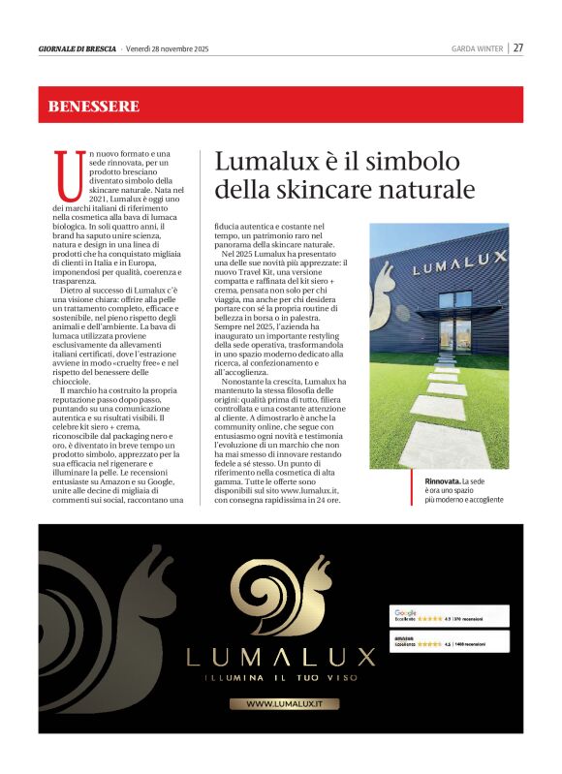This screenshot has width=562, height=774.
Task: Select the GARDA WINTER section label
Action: tap(478, 48)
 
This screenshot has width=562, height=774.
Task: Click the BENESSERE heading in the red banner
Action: tap(94, 106)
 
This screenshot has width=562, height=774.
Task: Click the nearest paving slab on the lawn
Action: tap(447, 447)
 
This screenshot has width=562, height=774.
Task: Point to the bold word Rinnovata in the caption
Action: tap(441, 481)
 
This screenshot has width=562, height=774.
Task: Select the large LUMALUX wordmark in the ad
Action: tap(281, 657)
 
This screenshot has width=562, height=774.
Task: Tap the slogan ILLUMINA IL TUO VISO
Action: tap(281, 677)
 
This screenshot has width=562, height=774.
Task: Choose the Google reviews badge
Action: tap(450, 616)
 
